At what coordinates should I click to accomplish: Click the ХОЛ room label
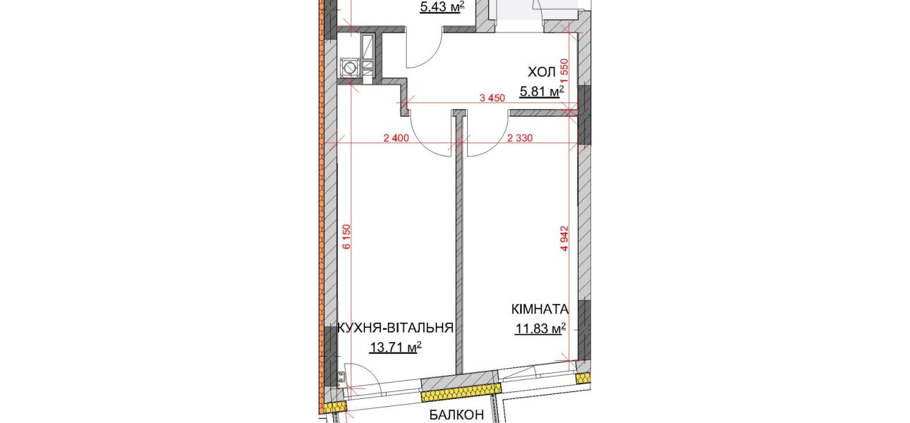click(x=542, y=73)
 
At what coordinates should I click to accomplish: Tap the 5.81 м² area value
click(x=542, y=92)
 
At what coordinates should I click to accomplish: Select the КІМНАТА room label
click(x=540, y=309)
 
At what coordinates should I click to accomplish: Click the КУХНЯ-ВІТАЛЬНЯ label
click(x=395, y=328)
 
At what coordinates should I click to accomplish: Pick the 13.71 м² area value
click(x=395, y=347)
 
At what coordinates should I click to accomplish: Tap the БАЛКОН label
click(x=456, y=415)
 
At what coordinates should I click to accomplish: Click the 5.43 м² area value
click(x=442, y=7)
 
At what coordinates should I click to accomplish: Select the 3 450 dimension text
click(x=492, y=98)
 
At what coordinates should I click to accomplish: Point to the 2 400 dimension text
click(x=396, y=138)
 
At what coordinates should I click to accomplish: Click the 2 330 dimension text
click(x=520, y=138)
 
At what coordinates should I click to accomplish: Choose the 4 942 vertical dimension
click(x=564, y=238)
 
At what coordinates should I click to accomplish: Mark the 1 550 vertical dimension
click(x=564, y=71)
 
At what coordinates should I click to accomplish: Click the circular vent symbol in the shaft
click(x=349, y=68)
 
